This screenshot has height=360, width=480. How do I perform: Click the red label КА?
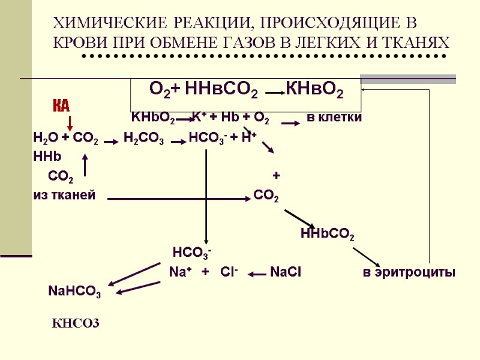click(x=61, y=106)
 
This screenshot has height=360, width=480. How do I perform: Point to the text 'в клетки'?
click(x=334, y=117)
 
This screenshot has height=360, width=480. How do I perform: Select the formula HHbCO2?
click(x=327, y=234)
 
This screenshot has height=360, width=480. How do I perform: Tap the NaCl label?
click(x=286, y=272)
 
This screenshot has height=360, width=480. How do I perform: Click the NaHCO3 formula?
click(x=74, y=292)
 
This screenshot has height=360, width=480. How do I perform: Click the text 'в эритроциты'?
click(x=409, y=272)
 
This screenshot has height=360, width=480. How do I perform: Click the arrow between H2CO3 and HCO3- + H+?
click(x=178, y=142)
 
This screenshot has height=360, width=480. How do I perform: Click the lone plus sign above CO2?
click(x=276, y=176)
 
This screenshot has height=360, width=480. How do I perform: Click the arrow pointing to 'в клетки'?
click(x=290, y=123)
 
